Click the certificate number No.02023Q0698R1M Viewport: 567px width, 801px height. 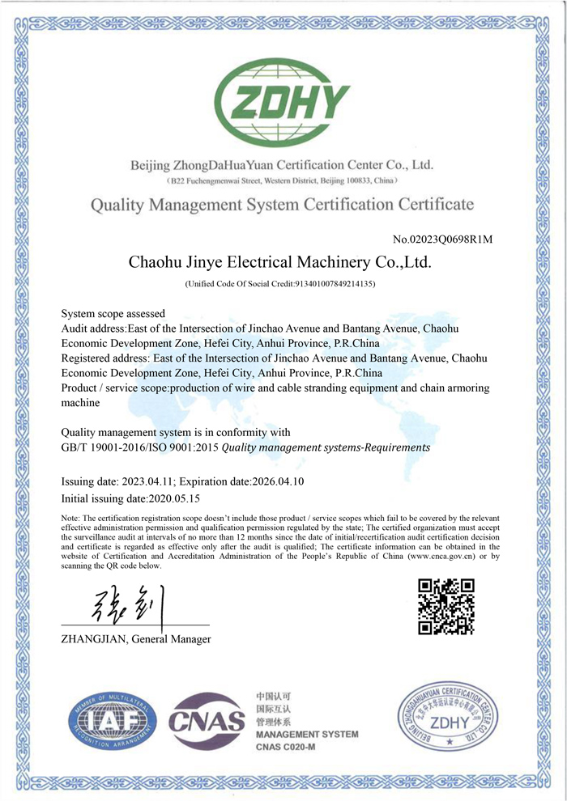tap(442, 239)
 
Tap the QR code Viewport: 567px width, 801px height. tap(446, 607)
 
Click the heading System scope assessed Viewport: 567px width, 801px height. tap(113, 313)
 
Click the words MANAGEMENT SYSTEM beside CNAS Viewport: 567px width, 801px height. tap(306, 734)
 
